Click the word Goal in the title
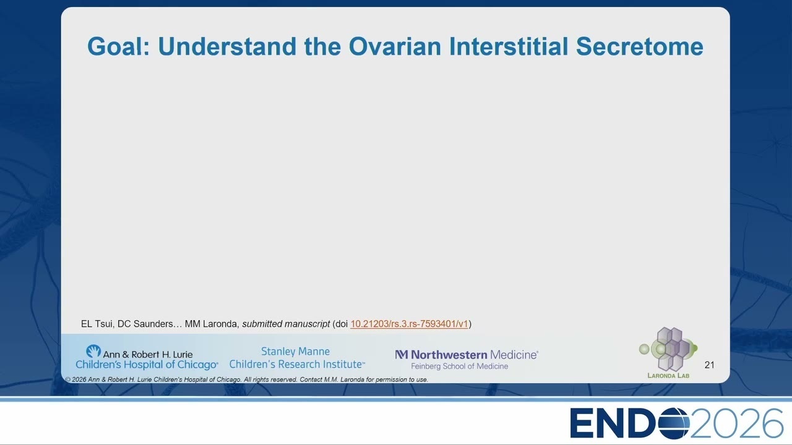[x=118, y=46]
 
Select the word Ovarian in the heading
[x=395, y=46]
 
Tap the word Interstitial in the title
[x=509, y=46]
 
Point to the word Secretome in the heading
[x=640, y=46]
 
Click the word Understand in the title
[x=227, y=46]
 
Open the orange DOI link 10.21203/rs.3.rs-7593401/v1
[x=409, y=324]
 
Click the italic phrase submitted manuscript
[x=286, y=324]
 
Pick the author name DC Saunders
[x=145, y=324]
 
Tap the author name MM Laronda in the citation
[x=211, y=324]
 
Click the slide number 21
[x=709, y=365]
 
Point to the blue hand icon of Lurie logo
[x=93, y=352]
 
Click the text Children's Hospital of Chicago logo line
[x=147, y=365]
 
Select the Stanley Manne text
[x=295, y=352]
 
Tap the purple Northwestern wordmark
[x=449, y=355]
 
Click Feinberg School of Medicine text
[x=459, y=367]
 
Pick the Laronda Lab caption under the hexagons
[x=668, y=375]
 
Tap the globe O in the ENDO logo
[x=674, y=423]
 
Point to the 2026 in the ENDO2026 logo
[x=736, y=423]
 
